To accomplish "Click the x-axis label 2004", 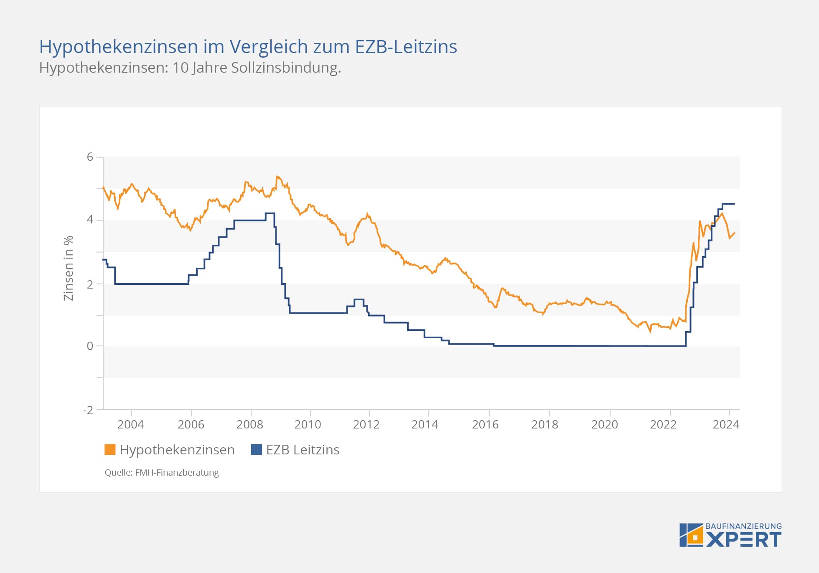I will [130, 424].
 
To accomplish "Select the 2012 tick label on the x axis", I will [366, 424].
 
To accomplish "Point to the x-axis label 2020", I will [604, 424].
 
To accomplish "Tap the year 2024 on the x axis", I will [726, 424].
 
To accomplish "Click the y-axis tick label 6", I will [90, 157].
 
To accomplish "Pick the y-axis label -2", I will [88, 410].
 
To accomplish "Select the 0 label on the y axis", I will [90, 346].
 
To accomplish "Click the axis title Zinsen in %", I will [68, 268].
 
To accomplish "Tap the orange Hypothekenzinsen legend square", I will [110, 450].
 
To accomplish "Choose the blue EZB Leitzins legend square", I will [256, 450].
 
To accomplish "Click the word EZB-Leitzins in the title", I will [406, 47].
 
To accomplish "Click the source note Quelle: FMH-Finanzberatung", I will [162, 473].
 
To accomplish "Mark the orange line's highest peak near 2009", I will [277, 177].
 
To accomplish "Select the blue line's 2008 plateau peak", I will [270, 213].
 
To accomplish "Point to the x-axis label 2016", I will [485, 424].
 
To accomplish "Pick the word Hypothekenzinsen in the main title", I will [119, 47].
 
